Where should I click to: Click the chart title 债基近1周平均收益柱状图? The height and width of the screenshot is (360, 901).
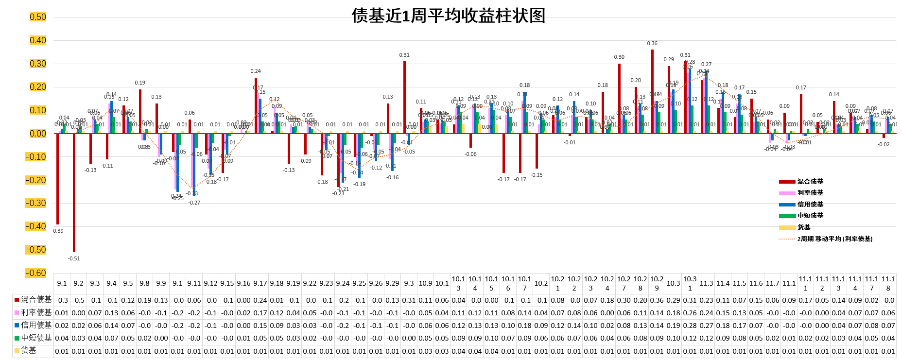[x=448, y=16]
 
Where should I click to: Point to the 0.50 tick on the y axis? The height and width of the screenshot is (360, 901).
[x=38, y=17]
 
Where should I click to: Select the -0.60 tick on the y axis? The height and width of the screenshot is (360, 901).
[x=36, y=273]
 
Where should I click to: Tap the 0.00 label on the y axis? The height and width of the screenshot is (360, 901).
[x=38, y=134]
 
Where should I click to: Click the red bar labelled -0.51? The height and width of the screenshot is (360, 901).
[x=74, y=192]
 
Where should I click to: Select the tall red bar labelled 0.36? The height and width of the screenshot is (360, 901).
[x=652, y=91]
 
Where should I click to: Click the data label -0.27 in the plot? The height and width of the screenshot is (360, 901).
[x=194, y=203]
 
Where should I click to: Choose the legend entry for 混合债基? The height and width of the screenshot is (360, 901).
[x=810, y=182]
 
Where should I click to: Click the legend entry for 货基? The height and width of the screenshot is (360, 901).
[x=804, y=227]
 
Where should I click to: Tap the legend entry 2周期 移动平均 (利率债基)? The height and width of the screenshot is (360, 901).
[x=834, y=239]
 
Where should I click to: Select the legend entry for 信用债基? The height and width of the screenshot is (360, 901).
[x=810, y=205]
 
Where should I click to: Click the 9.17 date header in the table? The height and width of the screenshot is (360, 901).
[x=260, y=283]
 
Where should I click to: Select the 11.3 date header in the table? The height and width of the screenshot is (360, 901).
[x=706, y=283]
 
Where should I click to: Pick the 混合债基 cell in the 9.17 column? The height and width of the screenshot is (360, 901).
[x=260, y=300]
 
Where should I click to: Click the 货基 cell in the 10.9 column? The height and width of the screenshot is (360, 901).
[x=425, y=351]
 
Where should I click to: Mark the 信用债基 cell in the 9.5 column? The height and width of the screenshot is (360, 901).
[x=128, y=326]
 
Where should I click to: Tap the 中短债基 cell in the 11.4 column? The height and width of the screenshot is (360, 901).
[x=723, y=338]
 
